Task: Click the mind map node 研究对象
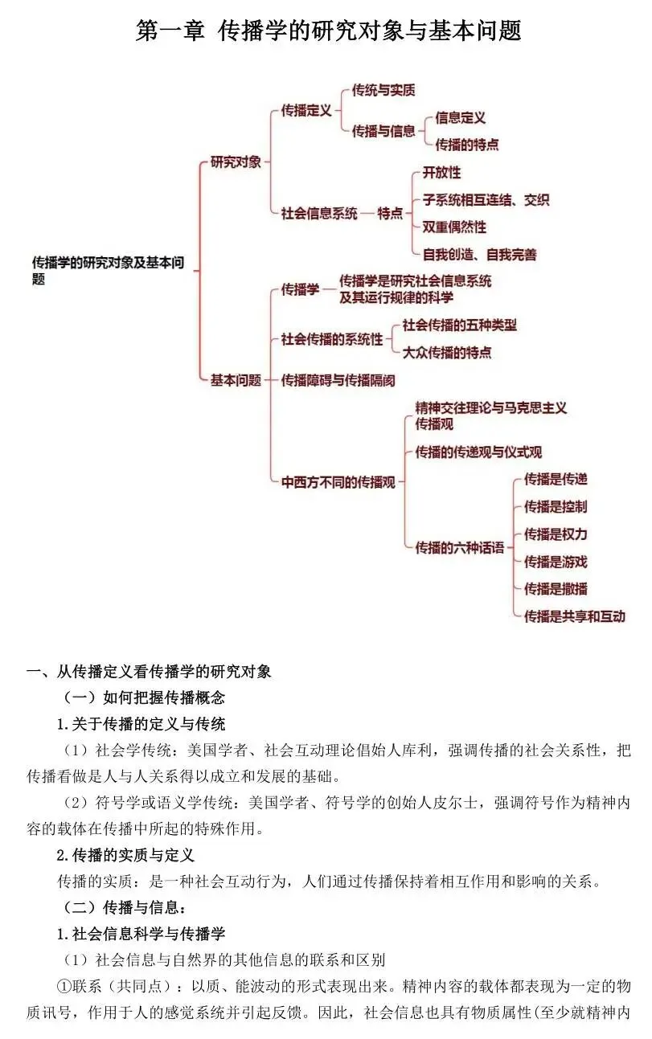pos(236,162)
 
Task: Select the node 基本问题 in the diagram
pos(236,380)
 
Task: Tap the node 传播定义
pos(306,111)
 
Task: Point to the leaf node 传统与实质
pos(383,91)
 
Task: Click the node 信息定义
pos(461,117)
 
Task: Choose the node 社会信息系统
pos(319,213)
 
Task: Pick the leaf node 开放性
pos(441,173)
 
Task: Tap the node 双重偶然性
pos(454,227)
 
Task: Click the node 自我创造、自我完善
pos(479,255)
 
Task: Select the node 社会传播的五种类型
pos(459,325)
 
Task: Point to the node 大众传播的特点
pos(446,352)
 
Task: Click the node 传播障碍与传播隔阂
pos(338,380)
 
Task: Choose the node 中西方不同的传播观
pos(338,482)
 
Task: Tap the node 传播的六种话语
pos(459,548)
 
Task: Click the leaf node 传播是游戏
pos(556,562)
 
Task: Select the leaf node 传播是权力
pos(556,534)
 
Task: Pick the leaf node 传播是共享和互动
pos(574,616)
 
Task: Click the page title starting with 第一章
pos(329,31)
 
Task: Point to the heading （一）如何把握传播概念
pos(144,697)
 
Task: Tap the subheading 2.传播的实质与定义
pos(125,855)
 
